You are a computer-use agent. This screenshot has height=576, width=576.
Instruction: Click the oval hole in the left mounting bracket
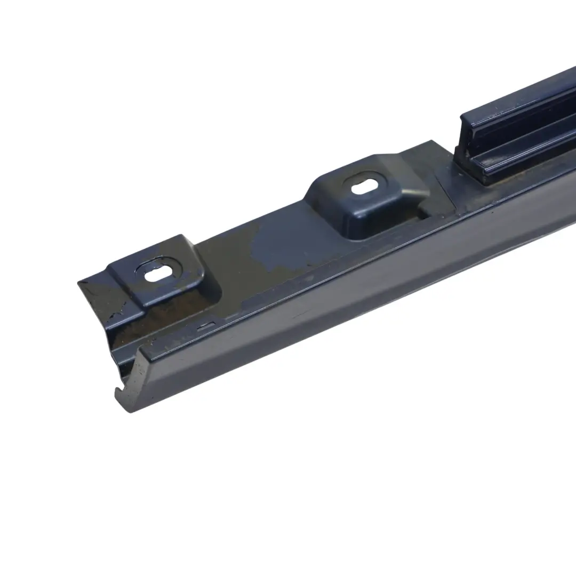159,273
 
